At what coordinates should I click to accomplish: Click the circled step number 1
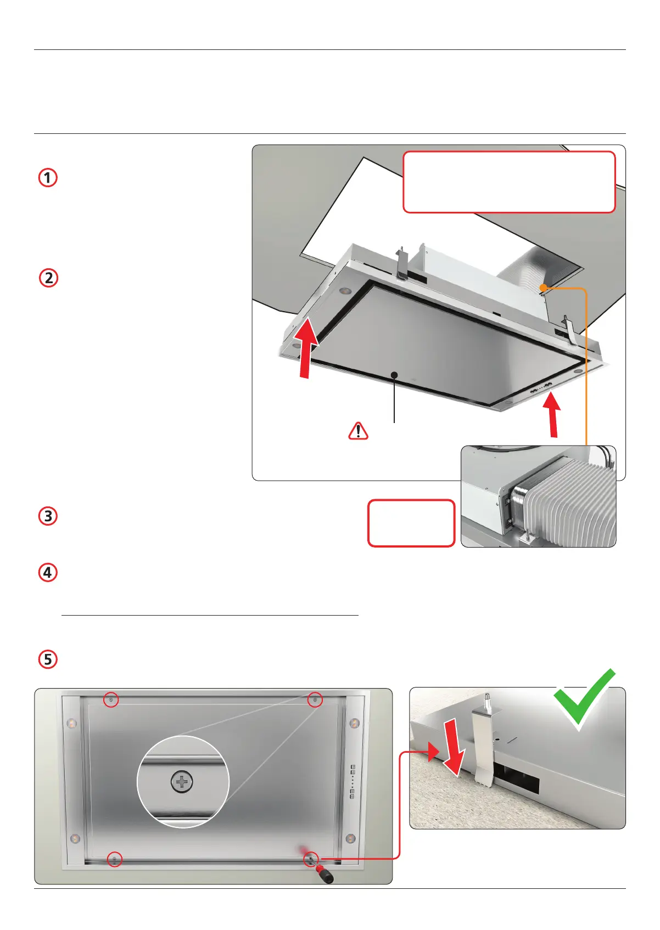click(48, 178)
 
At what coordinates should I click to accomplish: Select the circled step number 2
click(49, 278)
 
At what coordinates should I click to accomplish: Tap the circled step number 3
click(48, 516)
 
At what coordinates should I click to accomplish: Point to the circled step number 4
click(48, 572)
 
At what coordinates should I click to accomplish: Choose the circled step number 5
click(48, 660)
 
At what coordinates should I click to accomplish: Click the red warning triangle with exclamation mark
click(358, 431)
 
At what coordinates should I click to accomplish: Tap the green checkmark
click(584, 699)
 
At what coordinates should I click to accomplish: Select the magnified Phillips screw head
click(182, 782)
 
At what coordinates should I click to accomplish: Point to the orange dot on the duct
click(543, 288)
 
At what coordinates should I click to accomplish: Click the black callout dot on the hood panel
click(394, 375)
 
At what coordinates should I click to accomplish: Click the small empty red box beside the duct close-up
click(411, 523)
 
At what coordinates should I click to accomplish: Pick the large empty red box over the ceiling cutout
click(509, 182)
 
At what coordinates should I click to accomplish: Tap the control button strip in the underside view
click(353, 782)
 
